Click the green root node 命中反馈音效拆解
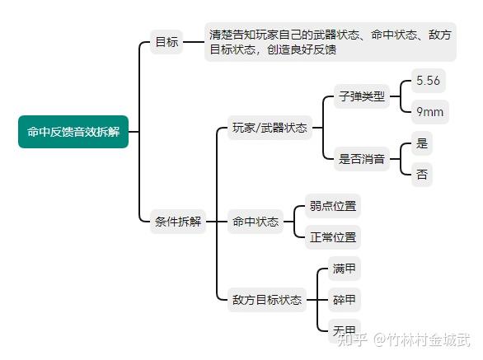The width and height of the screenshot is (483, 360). pyautogui.click(x=73, y=132)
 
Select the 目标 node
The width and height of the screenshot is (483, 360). pyautogui.click(x=166, y=42)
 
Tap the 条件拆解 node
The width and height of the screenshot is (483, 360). pyautogui.click(x=178, y=222)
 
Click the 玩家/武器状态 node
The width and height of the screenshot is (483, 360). pyautogui.click(x=270, y=128)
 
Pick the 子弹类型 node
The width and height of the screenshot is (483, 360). pyautogui.click(x=362, y=96)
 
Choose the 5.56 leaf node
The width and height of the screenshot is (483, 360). pyautogui.click(x=428, y=81)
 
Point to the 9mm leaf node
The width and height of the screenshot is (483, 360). pyautogui.click(x=429, y=112)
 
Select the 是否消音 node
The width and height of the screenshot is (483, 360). pyautogui.click(x=362, y=159)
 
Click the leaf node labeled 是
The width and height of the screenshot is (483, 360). pyautogui.click(x=422, y=143)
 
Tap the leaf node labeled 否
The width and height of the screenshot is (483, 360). pyautogui.click(x=422, y=175)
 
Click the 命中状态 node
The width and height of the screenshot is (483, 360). pyautogui.click(x=255, y=222)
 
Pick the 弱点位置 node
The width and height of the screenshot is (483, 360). pyautogui.click(x=333, y=206)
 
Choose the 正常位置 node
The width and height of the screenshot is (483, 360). pyautogui.click(x=333, y=237)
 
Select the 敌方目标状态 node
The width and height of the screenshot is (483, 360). pyautogui.click(x=267, y=300)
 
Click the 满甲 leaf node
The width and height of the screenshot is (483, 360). pyautogui.click(x=344, y=269)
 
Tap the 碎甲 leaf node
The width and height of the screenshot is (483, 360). pyautogui.click(x=344, y=300)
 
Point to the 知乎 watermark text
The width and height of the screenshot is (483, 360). pyautogui.click(x=352, y=340)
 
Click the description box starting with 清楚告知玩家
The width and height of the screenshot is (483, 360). pyautogui.click(x=331, y=42)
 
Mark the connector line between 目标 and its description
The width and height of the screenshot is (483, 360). pyautogui.click(x=194, y=42)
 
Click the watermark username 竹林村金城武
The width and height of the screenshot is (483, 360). pyautogui.click(x=429, y=340)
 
